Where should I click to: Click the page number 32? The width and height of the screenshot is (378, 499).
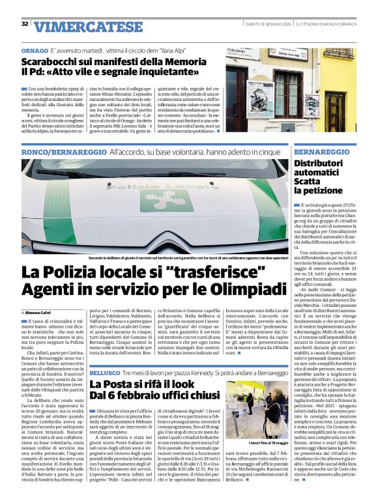[x=25, y=24]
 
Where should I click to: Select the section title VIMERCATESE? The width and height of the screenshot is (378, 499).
[x=80, y=26]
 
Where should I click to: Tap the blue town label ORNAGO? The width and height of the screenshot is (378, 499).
[x=34, y=50]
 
